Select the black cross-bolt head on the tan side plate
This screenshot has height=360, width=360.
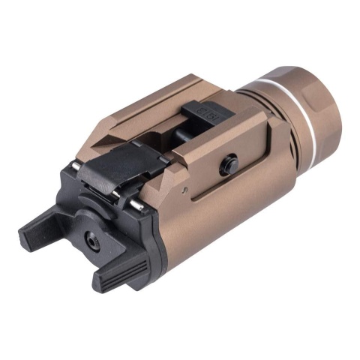pos(227,164)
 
